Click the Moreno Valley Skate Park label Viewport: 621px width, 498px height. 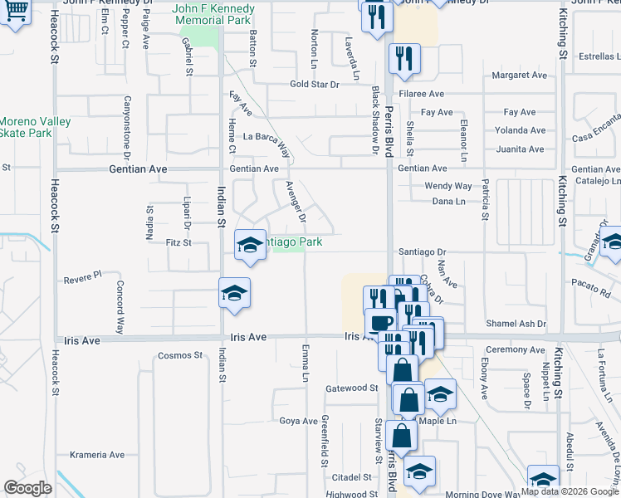click(34, 127)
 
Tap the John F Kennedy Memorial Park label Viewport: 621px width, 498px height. click(213, 15)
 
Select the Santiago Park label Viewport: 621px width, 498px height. click(292, 242)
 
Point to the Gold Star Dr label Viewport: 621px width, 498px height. click(315, 85)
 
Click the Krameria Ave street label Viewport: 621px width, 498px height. click(97, 455)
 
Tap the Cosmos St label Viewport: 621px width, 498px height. click(180, 356)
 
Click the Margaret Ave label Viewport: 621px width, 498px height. click(520, 75)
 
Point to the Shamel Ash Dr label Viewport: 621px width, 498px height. click(516, 324)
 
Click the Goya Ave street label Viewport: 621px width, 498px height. click(298, 421)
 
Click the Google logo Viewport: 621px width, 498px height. click(28, 488)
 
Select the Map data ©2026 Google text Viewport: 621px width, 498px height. click(570, 491)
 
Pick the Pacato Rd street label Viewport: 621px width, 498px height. click(591, 283)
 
